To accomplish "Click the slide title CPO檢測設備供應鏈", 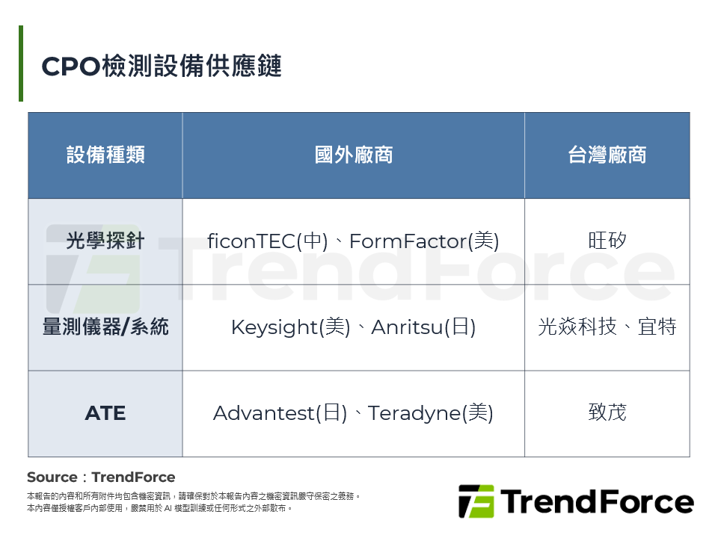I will tap(161, 67).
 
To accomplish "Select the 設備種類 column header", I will tap(105, 155).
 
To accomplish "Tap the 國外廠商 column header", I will tap(353, 155).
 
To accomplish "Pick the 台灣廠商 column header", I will tap(607, 155).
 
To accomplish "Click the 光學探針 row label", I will tap(105, 241).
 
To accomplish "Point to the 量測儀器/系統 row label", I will tap(105, 327).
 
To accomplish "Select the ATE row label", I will tap(105, 413).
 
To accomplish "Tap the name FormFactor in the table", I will tap(408, 241).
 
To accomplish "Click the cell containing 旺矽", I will tap(607, 241).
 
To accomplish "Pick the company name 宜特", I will tap(657, 327).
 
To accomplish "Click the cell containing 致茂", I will tap(607, 413).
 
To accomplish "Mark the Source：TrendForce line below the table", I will tap(101, 477).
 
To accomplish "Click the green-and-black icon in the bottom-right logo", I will tap(476, 501).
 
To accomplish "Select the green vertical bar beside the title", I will tap(21, 64).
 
